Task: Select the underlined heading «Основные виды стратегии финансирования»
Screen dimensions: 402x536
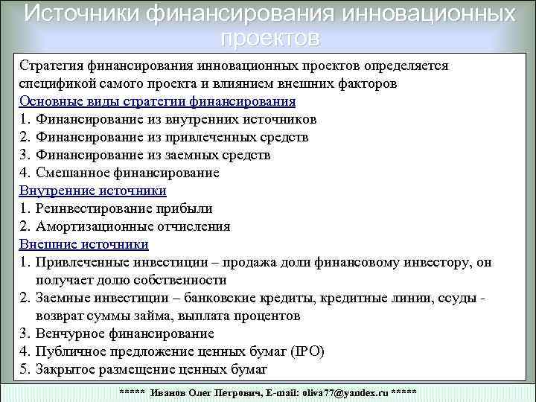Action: pyautogui.click(x=157, y=101)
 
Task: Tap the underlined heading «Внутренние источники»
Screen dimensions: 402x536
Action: pyautogui.click(x=92, y=191)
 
